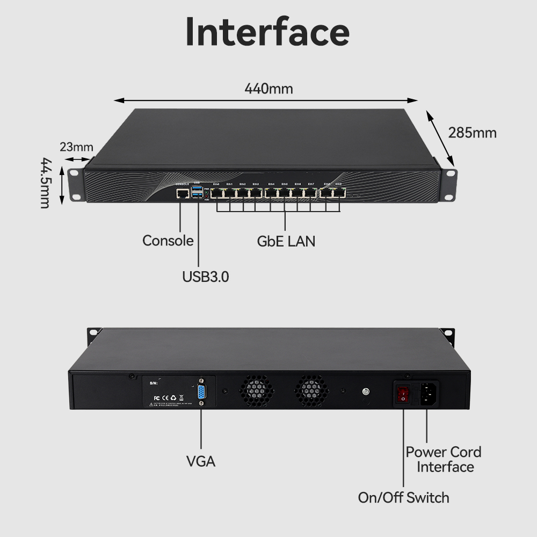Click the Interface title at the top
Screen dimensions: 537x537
(x=267, y=32)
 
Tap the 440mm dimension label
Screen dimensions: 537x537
(x=268, y=89)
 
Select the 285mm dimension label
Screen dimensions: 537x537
(x=473, y=133)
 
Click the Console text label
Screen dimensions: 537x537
(x=168, y=241)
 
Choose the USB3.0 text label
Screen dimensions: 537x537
(x=206, y=277)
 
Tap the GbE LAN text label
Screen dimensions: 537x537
(x=286, y=241)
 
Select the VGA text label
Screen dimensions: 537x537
(x=201, y=461)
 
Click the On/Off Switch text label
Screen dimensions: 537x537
(x=403, y=497)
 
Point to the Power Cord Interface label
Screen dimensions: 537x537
(x=444, y=459)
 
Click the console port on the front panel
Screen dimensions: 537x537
(x=183, y=192)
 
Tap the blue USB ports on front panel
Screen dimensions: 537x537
(x=199, y=193)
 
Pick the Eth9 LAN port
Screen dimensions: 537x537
(x=339, y=192)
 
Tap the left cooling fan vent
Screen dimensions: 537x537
(x=256, y=390)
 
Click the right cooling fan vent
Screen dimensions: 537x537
(x=311, y=390)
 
